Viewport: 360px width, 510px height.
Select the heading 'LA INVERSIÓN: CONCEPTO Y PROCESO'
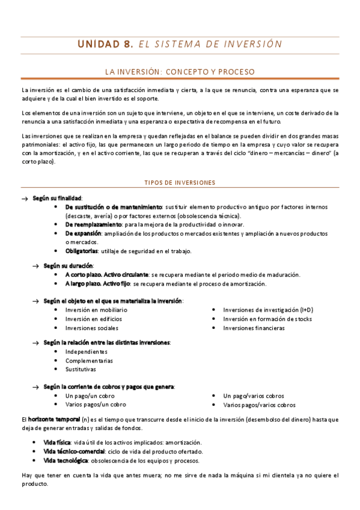pos(180,72)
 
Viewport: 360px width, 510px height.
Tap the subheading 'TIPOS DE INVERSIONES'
pos(180,182)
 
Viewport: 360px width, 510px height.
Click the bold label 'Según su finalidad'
pos(57,198)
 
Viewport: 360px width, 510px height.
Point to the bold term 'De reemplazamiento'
pos(93,224)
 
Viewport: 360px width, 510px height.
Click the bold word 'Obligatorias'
pos(82,251)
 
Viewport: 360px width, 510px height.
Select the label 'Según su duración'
pos(69,265)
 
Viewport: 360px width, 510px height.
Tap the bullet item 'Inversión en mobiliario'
pos(96,310)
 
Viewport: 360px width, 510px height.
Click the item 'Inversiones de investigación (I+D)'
pos(268,310)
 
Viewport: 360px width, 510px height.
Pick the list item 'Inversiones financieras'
pos(254,328)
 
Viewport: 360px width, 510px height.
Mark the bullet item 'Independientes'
pos(87,351)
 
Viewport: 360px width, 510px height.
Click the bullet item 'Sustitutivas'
pos(81,369)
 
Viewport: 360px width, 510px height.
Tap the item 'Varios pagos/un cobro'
pos(96,405)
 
